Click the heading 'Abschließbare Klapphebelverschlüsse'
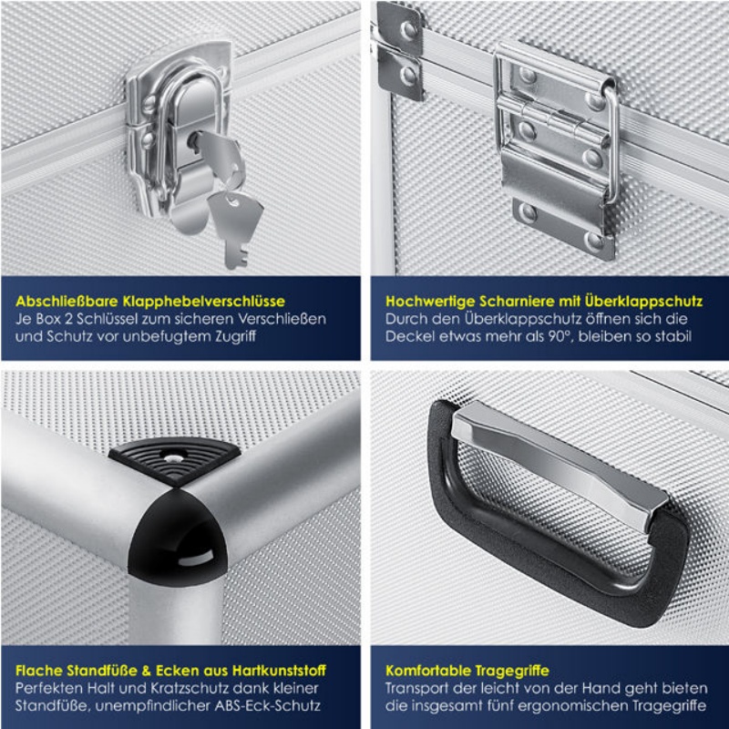click(150, 302)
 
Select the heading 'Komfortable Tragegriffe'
click(467, 671)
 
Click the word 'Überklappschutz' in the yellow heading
click(643, 302)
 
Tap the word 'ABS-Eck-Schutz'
click(267, 705)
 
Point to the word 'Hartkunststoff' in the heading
click(279, 671)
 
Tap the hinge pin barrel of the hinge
click(553, 122)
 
